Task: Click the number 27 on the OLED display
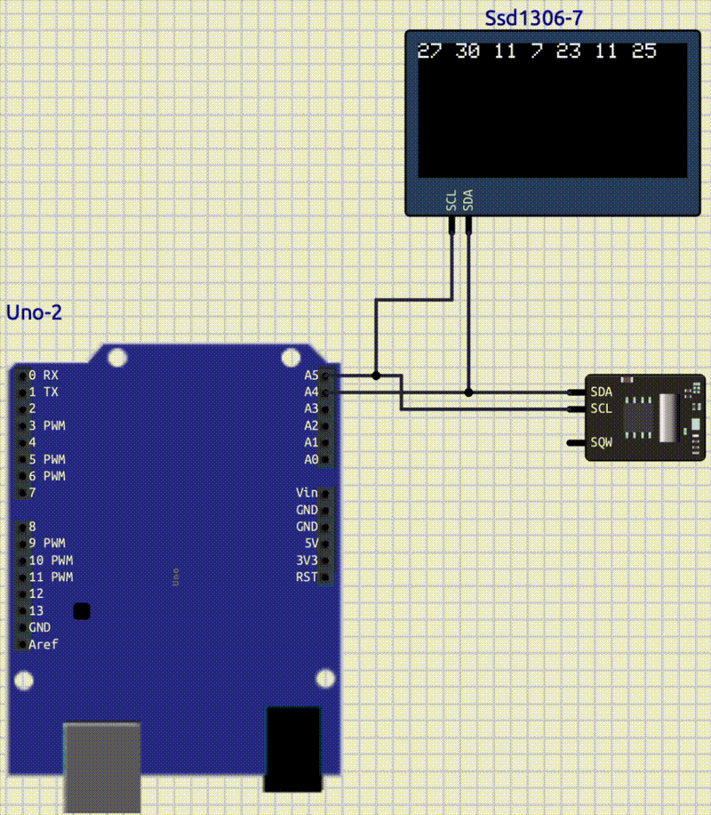[429, 52]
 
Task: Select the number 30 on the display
[467, 52]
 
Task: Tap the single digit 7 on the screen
[537, 52]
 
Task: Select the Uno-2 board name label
[34, 312]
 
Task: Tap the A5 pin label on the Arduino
[310, 375]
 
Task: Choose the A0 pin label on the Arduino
[310, 460]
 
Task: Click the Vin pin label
[307, 493]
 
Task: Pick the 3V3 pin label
[307, 561]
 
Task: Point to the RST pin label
[307, 577]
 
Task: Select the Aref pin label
[43, 644]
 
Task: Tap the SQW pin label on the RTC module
[602, 442]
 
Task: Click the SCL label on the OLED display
[451, 201]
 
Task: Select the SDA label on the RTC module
[602, 391]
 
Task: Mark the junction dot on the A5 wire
[377, 375]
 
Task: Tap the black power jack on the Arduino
[292, 747]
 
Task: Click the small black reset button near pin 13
[82, 610]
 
